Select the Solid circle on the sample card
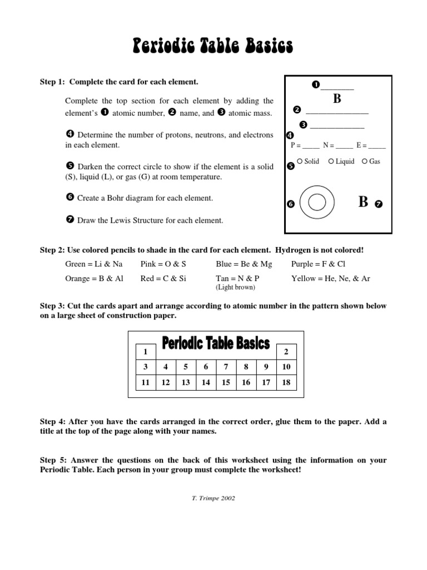click(300, 161)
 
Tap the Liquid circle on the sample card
click(331, 161)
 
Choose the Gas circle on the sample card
click(365, 161)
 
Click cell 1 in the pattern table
click(146, 352)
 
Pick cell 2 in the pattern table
click(286, 352)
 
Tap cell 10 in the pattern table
click(286, 367)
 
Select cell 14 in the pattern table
click(206, 382)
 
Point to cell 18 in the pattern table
click(286, 382)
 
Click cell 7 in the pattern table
click(226, 367)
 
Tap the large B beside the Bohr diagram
click(363, 202)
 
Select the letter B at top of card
click(337, 99)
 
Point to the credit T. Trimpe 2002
click(213, 498)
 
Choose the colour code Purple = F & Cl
click(318, 264)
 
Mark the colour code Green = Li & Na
click(94, 264)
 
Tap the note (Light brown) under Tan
click(236, 287)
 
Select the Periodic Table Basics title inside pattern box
click(216, 343)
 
